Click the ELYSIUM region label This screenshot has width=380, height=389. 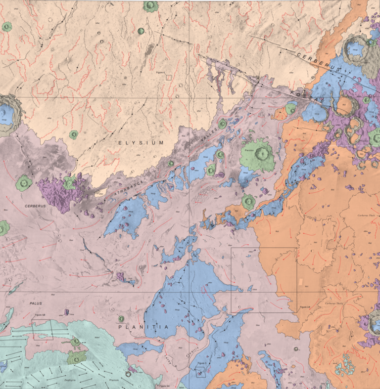[141, 143]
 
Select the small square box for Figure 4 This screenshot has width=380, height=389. [169, 77]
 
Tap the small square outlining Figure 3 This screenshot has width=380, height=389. [200, 372]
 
